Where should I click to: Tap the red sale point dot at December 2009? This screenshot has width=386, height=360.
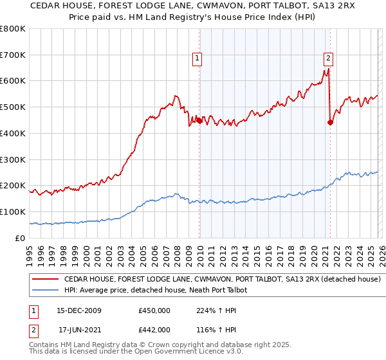[199, 120]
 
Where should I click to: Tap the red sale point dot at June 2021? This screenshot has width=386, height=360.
[330, 122]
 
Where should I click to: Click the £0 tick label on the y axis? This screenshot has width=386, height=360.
[21, 238]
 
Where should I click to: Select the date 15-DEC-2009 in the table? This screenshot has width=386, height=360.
[79, 310]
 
